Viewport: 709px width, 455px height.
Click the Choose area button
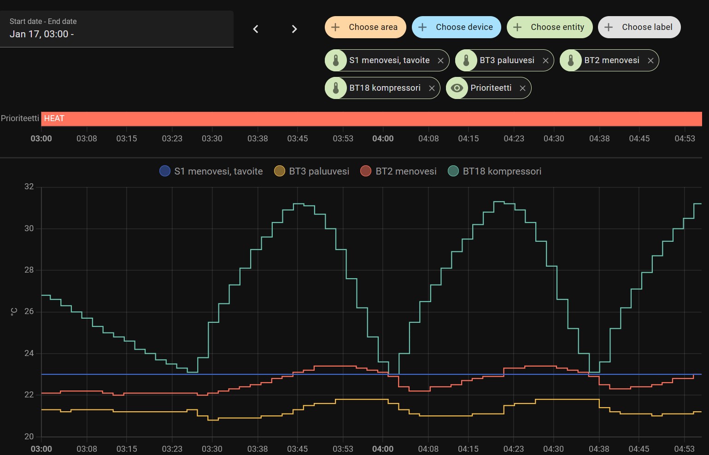click(365, 27)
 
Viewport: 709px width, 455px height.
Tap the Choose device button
click(456, 27)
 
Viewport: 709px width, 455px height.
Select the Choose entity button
click(550, 27)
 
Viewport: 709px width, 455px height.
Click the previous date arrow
click(256, 29)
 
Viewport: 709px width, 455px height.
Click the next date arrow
click(294, 29)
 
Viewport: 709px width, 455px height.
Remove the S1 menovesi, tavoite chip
click(440, 60)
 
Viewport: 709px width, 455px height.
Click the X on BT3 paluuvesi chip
click(545, 60)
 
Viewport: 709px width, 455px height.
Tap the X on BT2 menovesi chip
click(650, 60)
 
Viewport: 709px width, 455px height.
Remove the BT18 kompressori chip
click(432, 88)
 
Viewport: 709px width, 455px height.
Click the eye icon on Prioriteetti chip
click(457, 88)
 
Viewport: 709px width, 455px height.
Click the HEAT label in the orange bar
click(54, 118)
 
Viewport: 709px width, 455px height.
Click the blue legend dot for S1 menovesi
click(165, 171)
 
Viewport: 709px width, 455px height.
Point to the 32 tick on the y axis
click(29, 187)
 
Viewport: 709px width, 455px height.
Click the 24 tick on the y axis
click(29, 353)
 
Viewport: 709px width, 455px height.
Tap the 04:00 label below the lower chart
click(383, 449)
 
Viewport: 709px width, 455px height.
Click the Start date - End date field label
click(43, 22)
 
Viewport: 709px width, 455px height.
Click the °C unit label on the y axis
click(14, 312)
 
